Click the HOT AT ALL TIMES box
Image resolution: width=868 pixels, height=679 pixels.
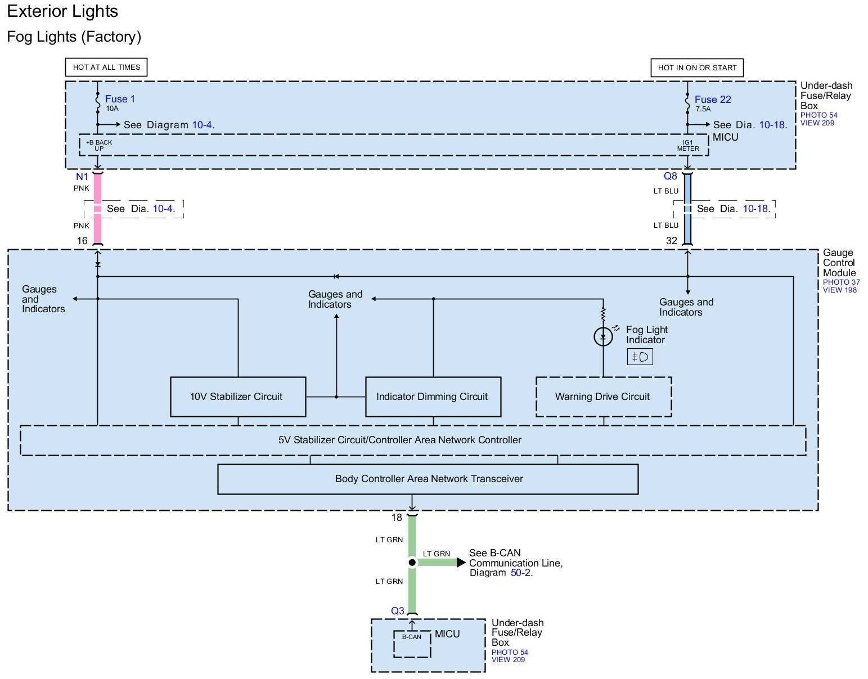106,68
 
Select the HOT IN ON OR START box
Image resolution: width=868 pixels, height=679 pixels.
697,68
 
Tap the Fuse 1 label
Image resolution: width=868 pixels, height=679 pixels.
120,99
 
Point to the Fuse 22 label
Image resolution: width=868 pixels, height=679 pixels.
713,100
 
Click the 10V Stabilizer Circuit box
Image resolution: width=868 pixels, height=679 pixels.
238,397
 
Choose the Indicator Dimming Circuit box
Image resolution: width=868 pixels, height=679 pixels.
433,397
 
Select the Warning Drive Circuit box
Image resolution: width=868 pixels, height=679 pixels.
603,397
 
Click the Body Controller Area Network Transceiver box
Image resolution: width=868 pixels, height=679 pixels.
428,479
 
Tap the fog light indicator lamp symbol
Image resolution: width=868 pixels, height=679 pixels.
603,337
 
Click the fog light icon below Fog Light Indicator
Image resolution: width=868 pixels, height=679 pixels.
640,357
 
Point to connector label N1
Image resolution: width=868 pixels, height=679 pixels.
82,177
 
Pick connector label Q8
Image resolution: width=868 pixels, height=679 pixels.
671,176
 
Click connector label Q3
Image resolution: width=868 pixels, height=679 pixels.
398,611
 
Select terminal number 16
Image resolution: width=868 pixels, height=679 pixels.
82,241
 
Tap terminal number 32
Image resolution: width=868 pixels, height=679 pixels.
672,241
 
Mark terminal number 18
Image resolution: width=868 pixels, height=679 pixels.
397,518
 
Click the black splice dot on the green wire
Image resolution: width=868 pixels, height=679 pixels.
412,563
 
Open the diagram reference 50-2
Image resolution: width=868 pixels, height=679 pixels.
521,573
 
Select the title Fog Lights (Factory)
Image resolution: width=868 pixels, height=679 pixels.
74,37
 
